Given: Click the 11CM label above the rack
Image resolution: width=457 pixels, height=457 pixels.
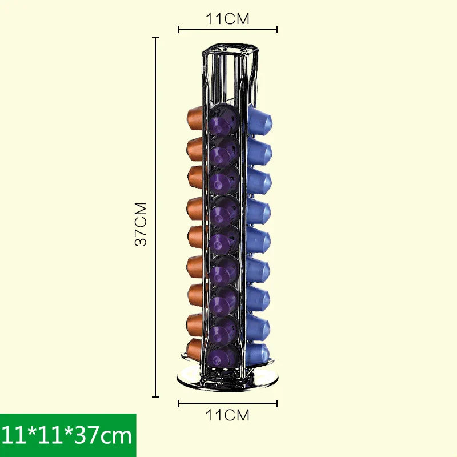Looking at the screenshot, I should pos(227,18).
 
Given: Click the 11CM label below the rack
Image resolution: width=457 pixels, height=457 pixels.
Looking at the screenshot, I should pos(227,415).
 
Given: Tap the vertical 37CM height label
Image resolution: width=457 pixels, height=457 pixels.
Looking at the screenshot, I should pos(141,223).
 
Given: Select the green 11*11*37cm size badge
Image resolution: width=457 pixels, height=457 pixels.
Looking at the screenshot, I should pos(68,435).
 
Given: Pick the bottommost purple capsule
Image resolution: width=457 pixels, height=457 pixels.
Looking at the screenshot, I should pos(223,357).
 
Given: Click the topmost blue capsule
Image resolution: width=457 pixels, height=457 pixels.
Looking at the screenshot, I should pos(260,121).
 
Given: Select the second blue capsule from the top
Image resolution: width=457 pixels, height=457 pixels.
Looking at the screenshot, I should pos(260,151).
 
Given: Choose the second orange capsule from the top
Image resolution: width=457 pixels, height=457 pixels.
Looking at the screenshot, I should pos(195,147).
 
